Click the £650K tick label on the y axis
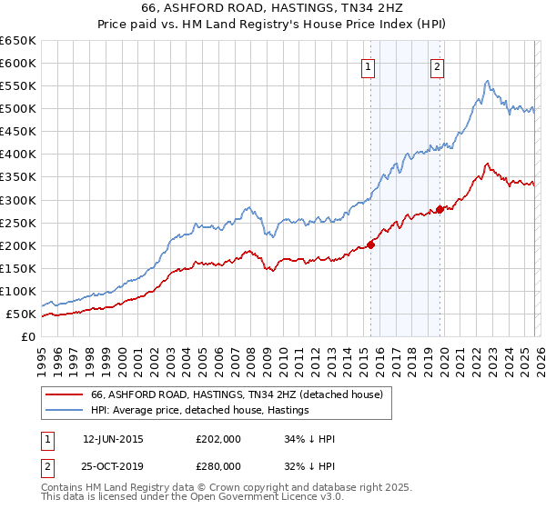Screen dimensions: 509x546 coord(18,41)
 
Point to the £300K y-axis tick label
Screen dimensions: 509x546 coord(18,200)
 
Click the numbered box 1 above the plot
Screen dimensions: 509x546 coord(369,65)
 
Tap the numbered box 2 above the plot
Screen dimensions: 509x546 coord(438,65)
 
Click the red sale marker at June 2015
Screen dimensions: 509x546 coord(371,244)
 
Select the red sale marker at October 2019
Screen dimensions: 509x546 coord(440,209)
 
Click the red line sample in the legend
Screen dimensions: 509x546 coord(65,394)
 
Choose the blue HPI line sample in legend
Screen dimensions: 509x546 coord(65,411)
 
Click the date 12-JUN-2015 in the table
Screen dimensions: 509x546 coord(113,439)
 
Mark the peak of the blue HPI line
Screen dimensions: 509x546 coord(488,81)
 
